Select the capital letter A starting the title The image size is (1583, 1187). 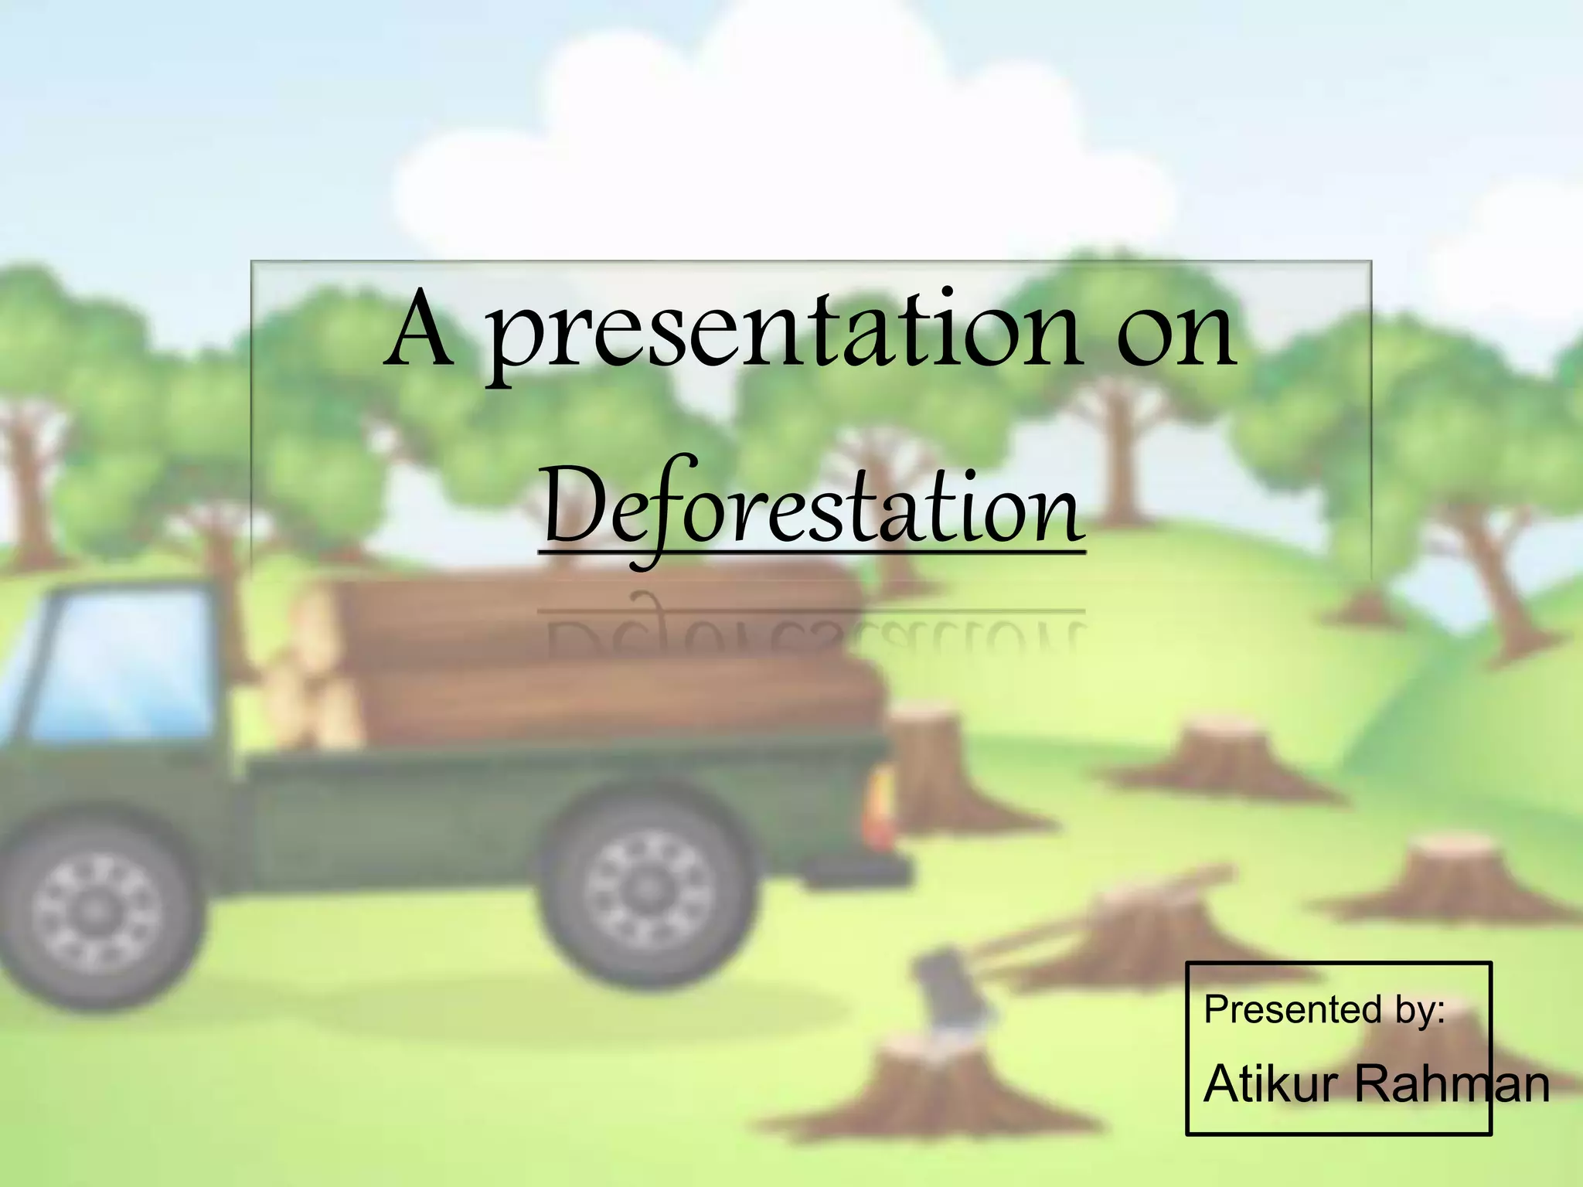click(x=421, y=332)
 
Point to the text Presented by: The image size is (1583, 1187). click(x=1324, y=1010)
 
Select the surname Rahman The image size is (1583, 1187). click(x=1453, y=1083)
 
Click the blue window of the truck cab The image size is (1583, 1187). click(x=124, y=665)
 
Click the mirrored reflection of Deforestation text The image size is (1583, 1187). click(x=812, y=634)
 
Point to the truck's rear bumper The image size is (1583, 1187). click(x=866, y=869)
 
